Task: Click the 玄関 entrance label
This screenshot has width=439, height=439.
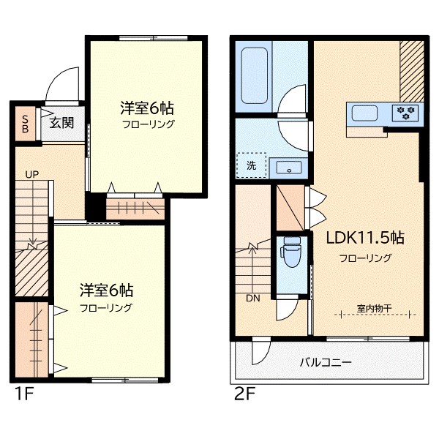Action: (61, 123)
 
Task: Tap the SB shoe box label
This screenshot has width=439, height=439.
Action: (25, 124)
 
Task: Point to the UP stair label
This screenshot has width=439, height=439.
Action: (31, 175)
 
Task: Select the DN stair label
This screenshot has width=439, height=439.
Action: (253, 299)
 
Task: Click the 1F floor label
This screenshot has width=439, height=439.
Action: (24, 394)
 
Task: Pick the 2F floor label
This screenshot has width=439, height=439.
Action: (244, 394)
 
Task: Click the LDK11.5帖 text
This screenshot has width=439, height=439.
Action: (365, 238)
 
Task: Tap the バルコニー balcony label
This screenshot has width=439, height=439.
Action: (326, 363)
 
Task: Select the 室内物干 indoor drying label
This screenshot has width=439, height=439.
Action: (374, 308)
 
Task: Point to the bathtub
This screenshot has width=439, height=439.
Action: (254, 75)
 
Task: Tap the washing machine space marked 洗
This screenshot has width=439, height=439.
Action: (252, 165)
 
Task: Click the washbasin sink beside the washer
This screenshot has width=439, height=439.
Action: (289, 168)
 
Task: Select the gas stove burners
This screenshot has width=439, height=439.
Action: (405, 113)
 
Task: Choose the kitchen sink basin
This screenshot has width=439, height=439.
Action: (364, 113)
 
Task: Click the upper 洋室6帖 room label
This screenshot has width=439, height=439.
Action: (147, 108)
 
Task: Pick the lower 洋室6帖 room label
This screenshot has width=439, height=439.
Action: (106, 290)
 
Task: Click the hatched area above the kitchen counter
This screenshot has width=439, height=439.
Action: (411, 72)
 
